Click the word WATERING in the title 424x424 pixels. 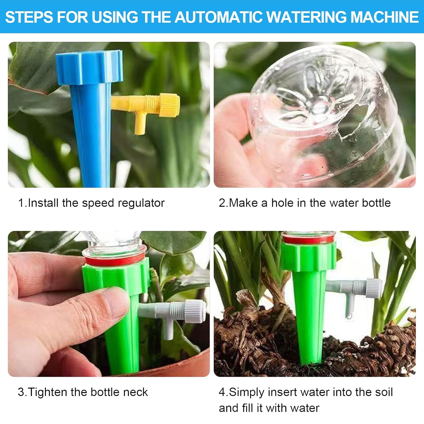pyautogui.click(x=307, y=17)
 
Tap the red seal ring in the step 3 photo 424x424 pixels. pyautogui.click(x=114, y=259)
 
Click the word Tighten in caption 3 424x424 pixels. pyautogui.click(x=48, y=392)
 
